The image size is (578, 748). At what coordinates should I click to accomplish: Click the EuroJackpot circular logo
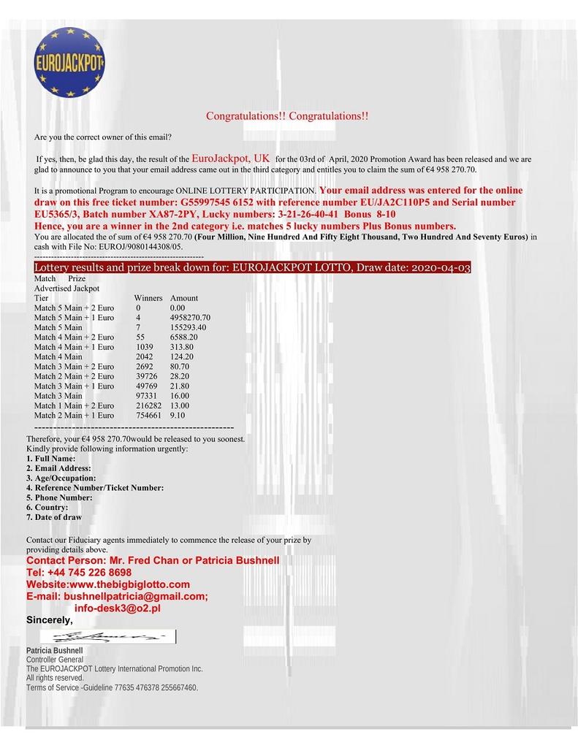69,63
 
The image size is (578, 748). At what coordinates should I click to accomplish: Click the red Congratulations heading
287,116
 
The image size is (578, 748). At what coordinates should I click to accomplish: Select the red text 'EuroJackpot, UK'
231,158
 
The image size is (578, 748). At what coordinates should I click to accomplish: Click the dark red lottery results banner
252,268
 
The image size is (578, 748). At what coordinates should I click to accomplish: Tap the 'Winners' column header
148,298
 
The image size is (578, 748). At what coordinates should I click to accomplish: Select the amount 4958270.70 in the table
190,318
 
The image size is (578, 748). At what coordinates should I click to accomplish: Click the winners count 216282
149,405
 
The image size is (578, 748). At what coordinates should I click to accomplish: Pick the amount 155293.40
188,327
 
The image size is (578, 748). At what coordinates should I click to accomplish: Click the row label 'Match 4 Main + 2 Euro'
74,337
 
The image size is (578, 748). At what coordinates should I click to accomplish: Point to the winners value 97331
147,395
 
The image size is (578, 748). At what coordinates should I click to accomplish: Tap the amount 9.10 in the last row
177,415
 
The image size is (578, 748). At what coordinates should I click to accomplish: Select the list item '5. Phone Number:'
59,497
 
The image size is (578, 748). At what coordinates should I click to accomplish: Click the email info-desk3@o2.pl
118,608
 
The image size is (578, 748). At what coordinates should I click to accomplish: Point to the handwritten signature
110,638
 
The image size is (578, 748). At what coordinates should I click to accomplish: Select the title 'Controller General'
55,660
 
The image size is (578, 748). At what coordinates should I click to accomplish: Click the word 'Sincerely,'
50,620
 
